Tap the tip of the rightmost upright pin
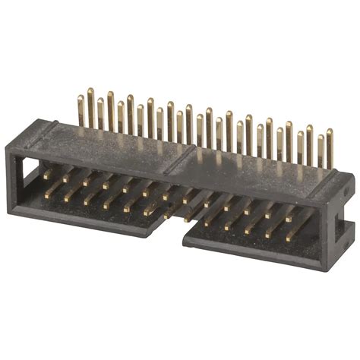[x=329, y=132]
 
